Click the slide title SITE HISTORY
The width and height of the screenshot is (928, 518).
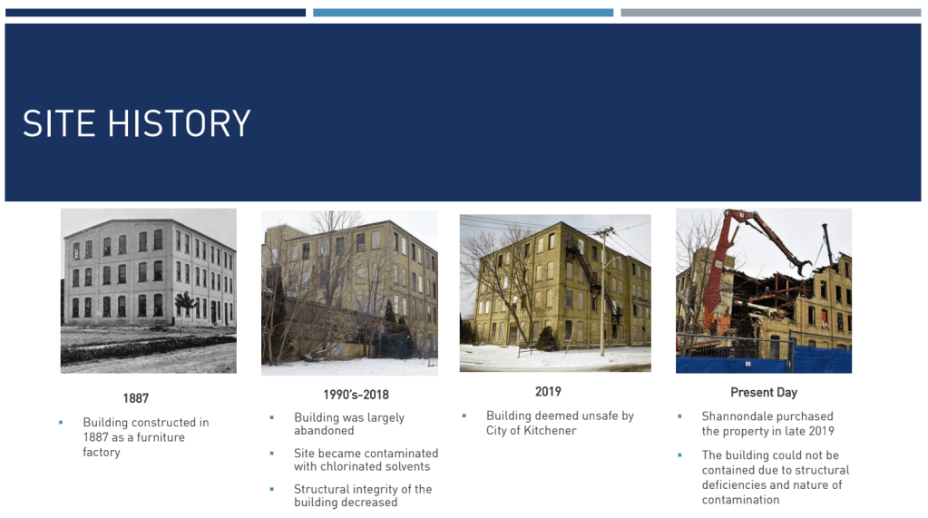click(137, 123)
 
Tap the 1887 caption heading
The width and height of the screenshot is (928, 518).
click(135, 398)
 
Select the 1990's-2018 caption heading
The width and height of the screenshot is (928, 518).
click(356, 395)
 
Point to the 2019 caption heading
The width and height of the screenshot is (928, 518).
click(548, 392)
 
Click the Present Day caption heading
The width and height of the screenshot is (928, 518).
click(764, 393)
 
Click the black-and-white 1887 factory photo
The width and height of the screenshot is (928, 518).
click(149, 290)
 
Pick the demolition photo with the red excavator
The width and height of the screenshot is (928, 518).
click(764, 290)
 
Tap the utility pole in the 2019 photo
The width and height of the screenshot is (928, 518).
click(603, 292)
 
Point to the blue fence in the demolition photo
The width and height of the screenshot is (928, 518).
click(764, 360)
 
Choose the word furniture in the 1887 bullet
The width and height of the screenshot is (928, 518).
click(161, 437)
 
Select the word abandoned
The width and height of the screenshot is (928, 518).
click(324, 430)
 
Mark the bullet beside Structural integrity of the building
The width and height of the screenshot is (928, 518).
click(271, 489)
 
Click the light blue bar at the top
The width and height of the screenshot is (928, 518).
click(463, 13)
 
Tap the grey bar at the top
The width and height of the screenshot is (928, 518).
click(770, 13)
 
